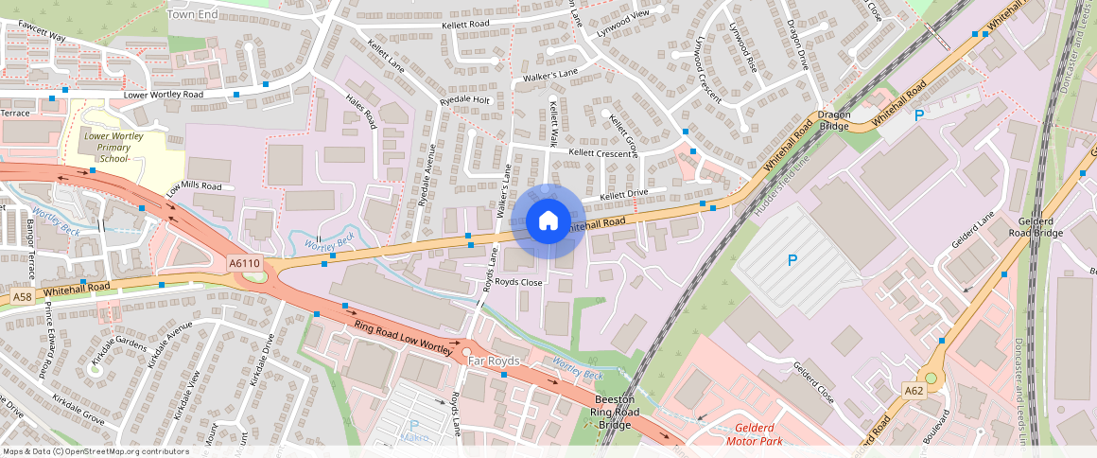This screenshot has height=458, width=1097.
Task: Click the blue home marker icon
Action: click(x=548, y=221)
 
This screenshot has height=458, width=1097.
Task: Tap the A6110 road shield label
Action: click(x=243, y=262)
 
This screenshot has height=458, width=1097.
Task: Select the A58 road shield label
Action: click(x=23, y=297)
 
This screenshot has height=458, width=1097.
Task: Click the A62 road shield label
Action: click(x=914, y=390)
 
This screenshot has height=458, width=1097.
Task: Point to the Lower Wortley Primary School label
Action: click(x=113, y=148)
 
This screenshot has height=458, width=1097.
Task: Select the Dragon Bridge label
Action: click(x=835, y=119)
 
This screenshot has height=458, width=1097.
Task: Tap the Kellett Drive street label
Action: click(x=624, y=195)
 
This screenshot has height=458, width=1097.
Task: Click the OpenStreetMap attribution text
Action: click(x=95, y=451)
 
